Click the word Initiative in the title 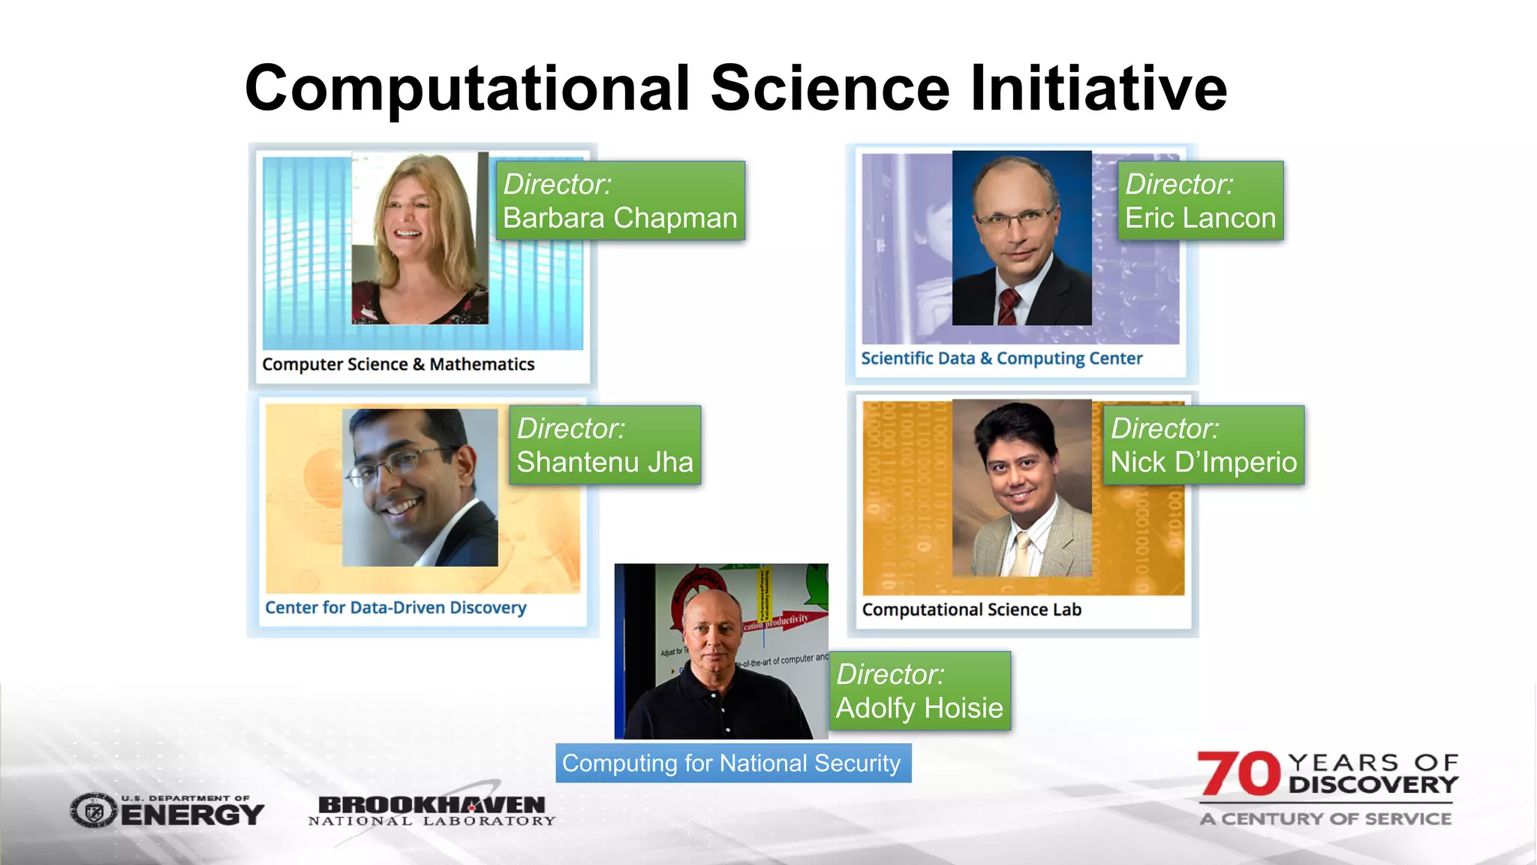1099,89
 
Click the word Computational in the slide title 467,89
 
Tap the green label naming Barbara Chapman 620,201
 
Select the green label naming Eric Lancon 1200,201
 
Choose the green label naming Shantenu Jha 605,445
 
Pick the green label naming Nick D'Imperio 1203,445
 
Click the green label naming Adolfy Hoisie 919,691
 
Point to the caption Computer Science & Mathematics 399,364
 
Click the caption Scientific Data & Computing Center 1001,358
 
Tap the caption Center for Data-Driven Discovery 396,607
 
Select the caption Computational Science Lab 971,610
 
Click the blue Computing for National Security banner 732,763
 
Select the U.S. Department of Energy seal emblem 94,811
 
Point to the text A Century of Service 1325,818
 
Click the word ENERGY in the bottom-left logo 192,815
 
